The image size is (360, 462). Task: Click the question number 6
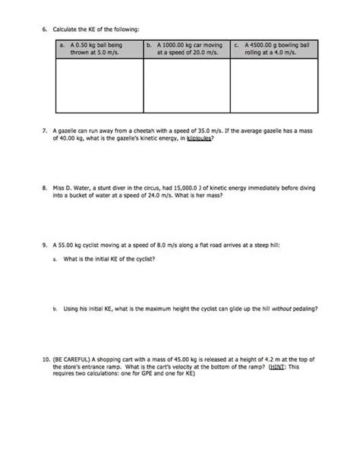(x=45, y=30)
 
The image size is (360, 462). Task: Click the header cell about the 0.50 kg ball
(x=99, y=49)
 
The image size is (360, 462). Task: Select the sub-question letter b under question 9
(x=55, y=309)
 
